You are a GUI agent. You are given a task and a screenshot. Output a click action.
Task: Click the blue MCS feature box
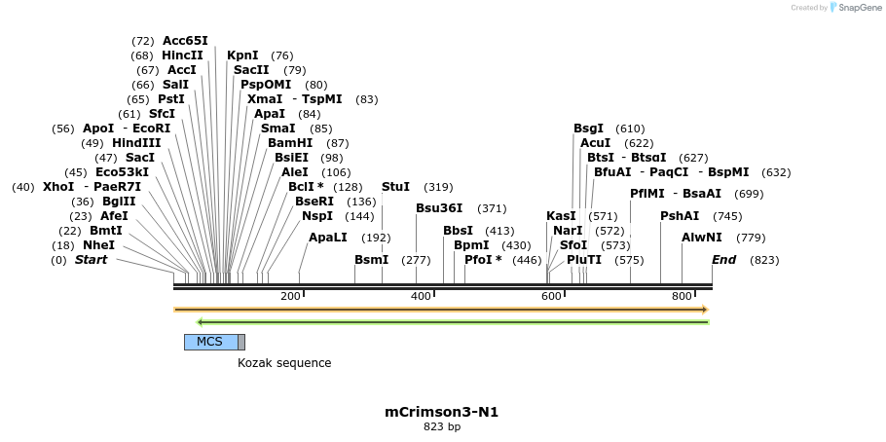[210, 342]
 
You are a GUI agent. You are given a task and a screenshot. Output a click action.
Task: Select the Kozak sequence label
[284, 363]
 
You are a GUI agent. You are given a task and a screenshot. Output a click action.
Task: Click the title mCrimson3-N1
[442, 412]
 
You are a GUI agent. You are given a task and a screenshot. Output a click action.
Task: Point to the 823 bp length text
[442, 427]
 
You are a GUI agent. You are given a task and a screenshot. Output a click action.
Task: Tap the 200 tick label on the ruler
[290, 296]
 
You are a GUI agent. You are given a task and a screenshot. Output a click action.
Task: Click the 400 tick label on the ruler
[421, 296]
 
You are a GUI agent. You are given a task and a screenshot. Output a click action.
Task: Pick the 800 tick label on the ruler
[682, 296]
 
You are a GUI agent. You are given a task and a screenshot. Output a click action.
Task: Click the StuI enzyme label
[395, 187]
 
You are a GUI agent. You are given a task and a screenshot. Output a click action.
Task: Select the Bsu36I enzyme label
[439, 208]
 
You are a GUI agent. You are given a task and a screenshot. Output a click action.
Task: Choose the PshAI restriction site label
[680, 216]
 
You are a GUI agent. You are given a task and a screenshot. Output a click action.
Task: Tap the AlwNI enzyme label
[702, 238]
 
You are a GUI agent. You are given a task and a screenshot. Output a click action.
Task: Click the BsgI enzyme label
[588, 129]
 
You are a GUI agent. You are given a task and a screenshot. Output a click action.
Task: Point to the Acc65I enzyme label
[185, 41]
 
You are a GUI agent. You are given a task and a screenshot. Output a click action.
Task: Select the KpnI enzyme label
[242, 55]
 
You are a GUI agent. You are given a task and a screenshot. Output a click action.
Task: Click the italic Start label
[91, 260]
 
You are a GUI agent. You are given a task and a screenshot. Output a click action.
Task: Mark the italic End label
[723, 260]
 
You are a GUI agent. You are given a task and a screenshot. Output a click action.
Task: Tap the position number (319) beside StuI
[438, 187]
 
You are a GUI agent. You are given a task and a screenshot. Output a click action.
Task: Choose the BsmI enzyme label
[371, 260]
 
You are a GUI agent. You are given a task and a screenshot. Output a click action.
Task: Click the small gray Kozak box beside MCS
[241, 342]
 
